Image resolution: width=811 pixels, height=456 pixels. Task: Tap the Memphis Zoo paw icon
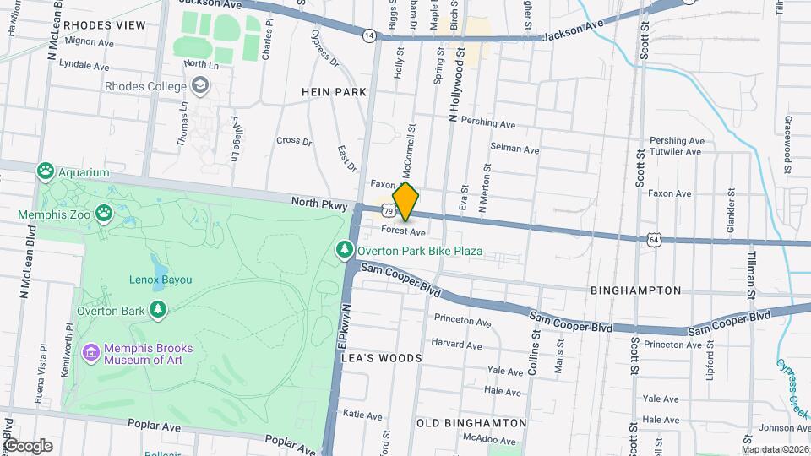point(105,214)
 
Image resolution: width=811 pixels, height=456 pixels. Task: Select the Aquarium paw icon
point(45,172)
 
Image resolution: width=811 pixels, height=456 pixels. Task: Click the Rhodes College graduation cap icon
point(200,85)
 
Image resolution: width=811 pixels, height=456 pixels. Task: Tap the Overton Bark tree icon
point(157,310)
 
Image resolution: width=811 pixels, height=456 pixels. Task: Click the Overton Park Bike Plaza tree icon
point(344,250)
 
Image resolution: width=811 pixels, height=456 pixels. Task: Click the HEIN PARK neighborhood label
point(334,91)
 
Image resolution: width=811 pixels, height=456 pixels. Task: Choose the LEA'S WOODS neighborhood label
point(381,358)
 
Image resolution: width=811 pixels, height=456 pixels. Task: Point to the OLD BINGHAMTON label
point(471,423)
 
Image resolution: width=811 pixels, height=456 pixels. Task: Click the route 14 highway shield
point(369,35)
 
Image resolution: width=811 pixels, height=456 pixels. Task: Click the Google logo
point(28,446)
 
